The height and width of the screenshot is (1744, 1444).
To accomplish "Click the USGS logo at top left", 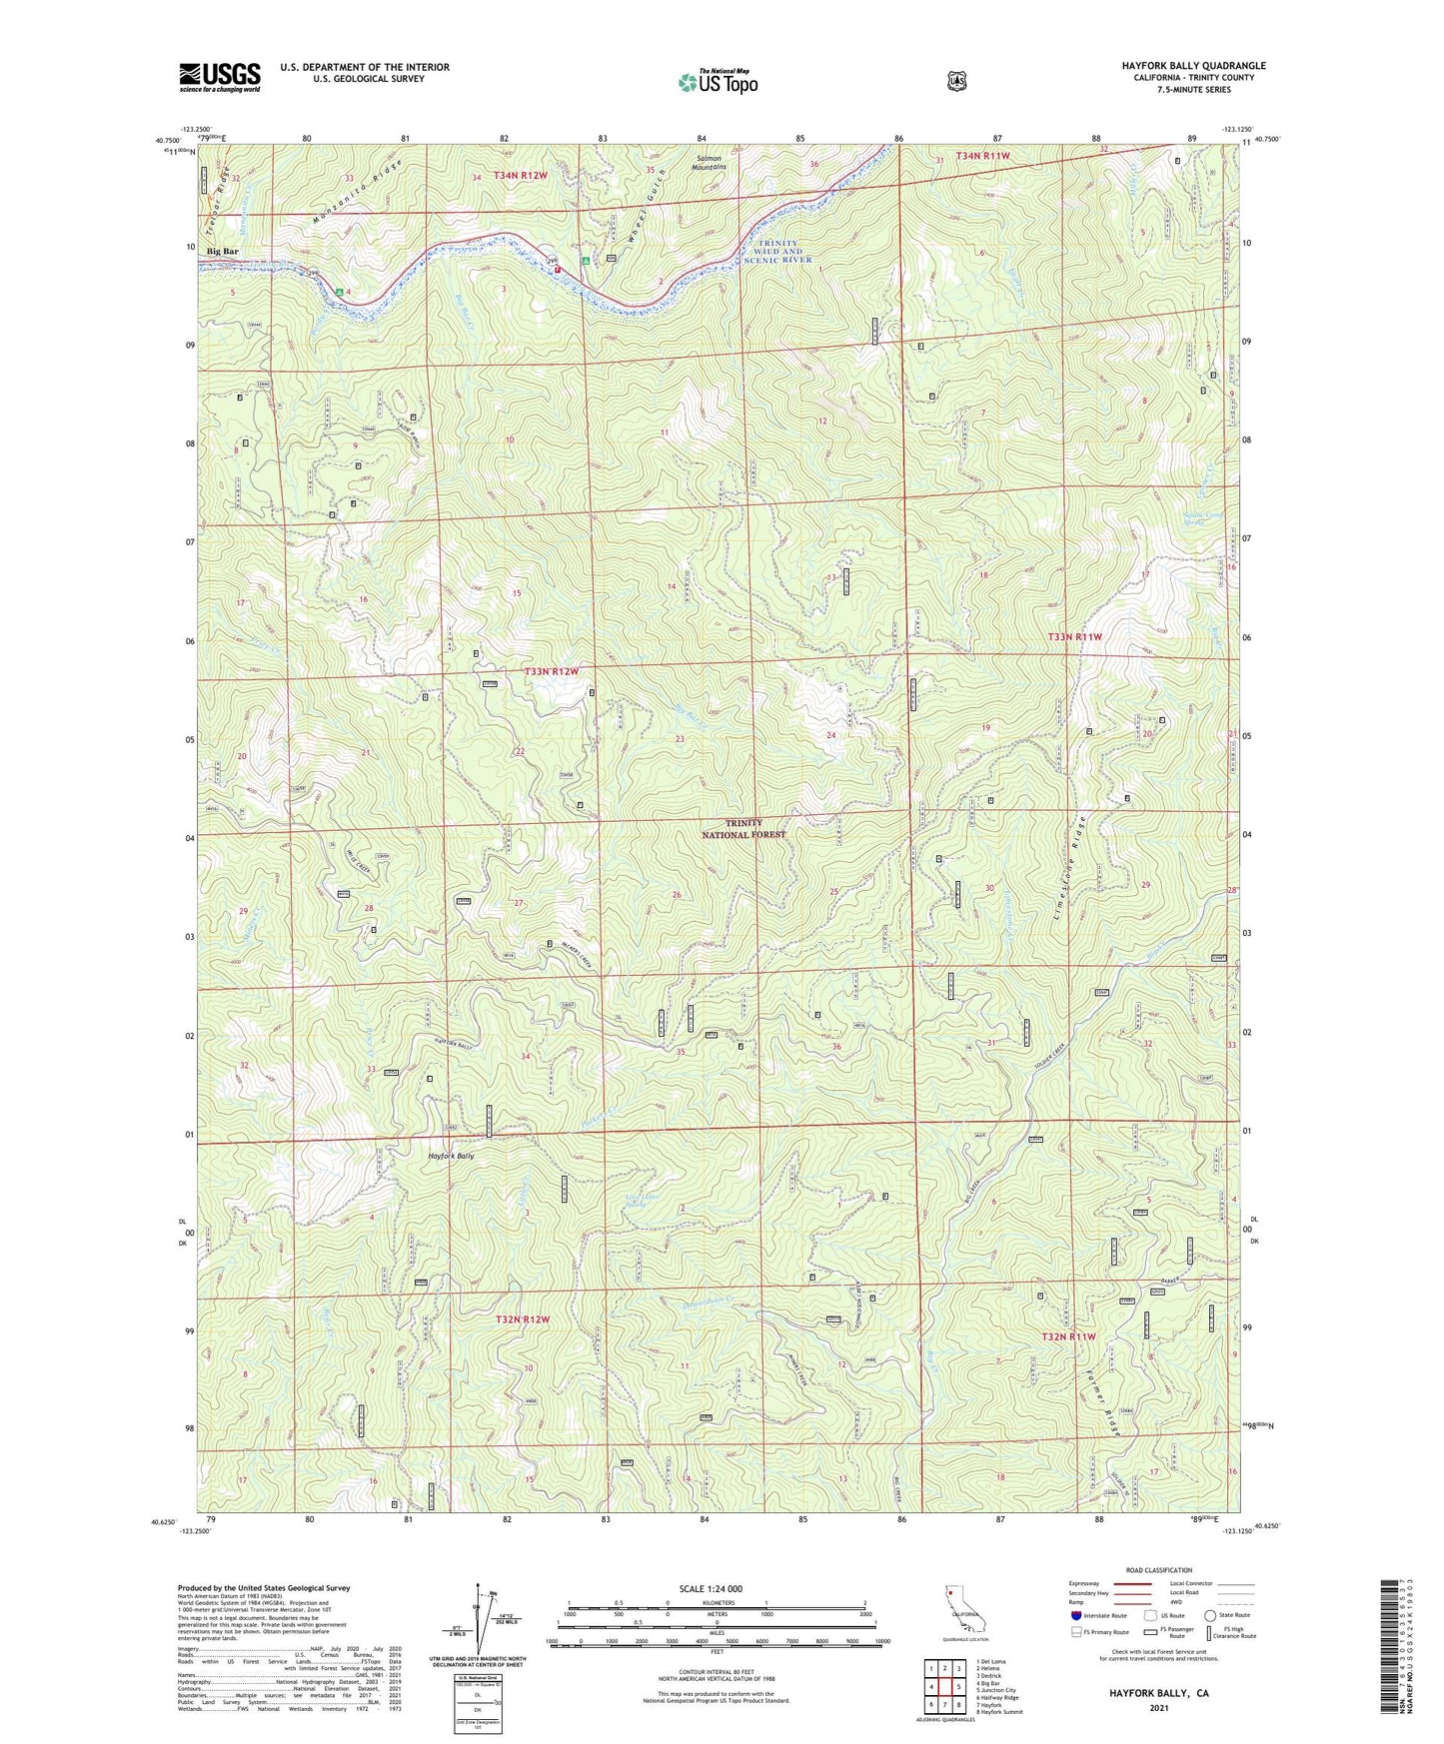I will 220,77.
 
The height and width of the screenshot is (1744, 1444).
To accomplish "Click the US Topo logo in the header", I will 717,82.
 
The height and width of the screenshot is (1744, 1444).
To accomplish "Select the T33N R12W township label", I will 552,672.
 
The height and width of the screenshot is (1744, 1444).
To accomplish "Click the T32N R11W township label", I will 1069,1336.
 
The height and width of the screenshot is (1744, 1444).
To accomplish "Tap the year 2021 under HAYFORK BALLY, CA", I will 1158,1708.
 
